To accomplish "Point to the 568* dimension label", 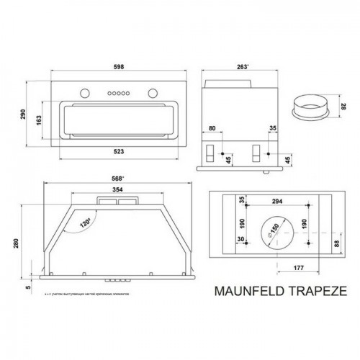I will coord(109,179).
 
